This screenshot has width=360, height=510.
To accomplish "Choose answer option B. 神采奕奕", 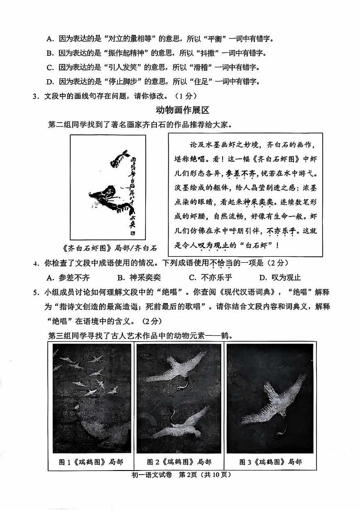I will point(139,278).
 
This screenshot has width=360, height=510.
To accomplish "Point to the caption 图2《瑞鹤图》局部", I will point(180,462).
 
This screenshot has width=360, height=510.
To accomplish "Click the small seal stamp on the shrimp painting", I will point(133,233).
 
